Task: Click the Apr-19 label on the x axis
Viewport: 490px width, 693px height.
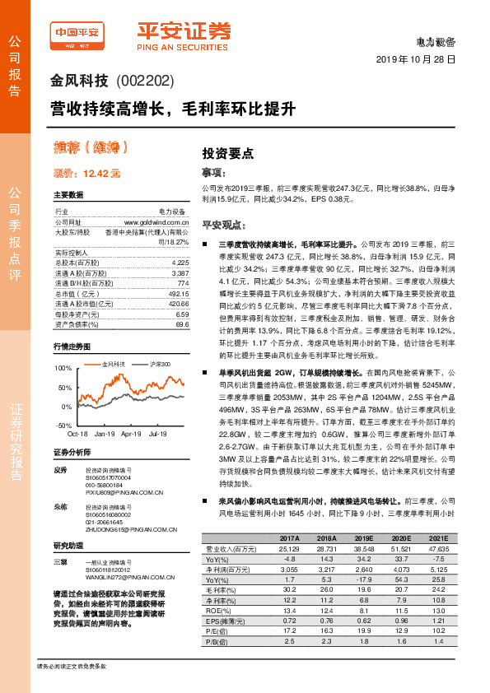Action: coord(132,433)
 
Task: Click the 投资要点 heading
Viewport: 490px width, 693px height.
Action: coord(228,154)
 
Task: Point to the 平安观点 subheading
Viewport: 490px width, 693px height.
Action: coord(225,224)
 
